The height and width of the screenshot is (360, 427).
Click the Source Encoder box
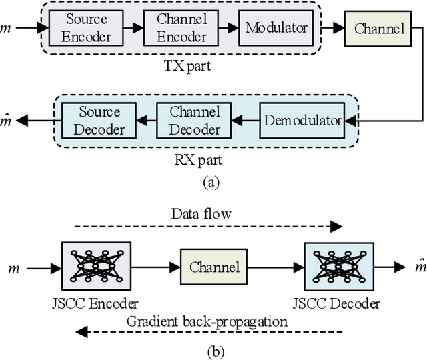point(87,28)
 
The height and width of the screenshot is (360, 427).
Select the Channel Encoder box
point(183,28)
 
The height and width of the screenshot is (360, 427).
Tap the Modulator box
point(276,28)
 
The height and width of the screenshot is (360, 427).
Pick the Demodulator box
point(302,121)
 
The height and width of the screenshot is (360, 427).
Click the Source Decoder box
point(99,120)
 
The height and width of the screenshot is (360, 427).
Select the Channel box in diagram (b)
point(214,267)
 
